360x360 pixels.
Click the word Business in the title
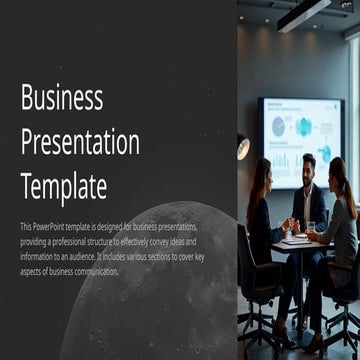point(62,98)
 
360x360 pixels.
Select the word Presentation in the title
point(80,142)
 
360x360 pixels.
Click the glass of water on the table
point(310,228)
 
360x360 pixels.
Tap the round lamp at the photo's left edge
point(243,146)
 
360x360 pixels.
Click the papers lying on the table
point(297,239)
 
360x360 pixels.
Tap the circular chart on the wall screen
point(303,127)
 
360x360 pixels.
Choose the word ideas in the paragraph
point(185,242)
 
